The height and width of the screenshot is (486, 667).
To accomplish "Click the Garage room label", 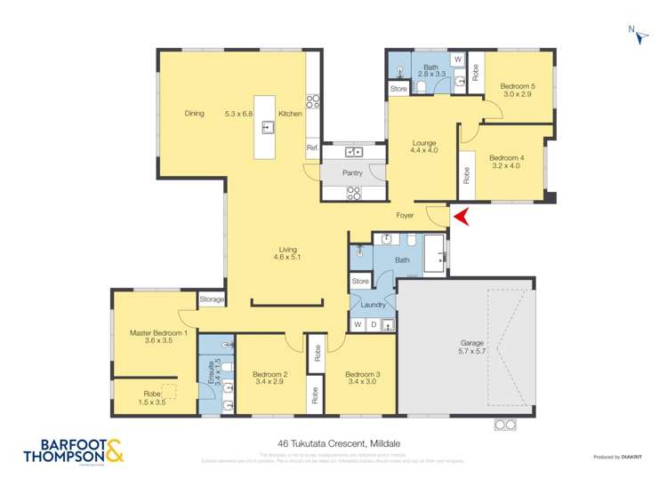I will click(471, 341).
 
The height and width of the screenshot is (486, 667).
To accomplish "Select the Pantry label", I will click(352, 172).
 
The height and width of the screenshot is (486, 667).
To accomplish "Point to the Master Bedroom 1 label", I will click(157, 333).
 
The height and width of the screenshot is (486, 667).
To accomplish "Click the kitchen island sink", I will click(267, 128).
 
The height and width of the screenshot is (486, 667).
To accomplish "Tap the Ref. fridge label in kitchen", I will click(312, 147).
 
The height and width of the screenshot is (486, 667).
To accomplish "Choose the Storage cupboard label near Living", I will click(212, 299).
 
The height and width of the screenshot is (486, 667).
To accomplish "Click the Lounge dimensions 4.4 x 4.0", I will click(424, 150).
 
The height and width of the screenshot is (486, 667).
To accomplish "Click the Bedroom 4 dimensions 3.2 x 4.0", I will click(507, 165).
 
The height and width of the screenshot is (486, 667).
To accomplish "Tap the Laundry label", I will click(373, 305).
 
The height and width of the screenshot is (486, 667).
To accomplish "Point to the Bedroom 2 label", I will click(269, 374).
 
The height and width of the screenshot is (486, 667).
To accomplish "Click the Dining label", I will click(194, 114).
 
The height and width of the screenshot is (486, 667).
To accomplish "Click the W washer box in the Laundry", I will click(358, 325).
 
